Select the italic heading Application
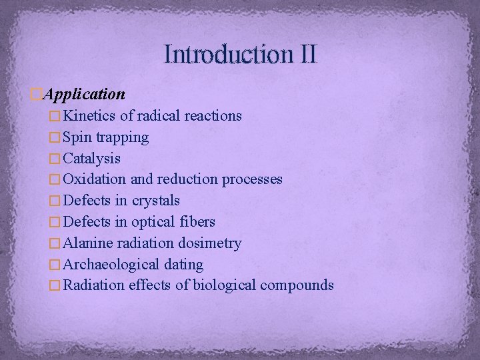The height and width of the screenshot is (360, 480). pyautogui.click(x=84, y=94)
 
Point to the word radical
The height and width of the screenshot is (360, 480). pyautogui.click(x=159, y=116)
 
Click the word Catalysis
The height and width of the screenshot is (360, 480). pyautogui.click(x=92, y=159)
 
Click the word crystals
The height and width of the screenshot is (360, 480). pyautogui.click(x=157, y=201)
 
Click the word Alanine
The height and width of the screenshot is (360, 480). pyautogui.click(x=87, y=243)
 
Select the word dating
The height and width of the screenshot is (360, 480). pyautogui.click(x=181, y=265)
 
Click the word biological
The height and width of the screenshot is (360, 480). pyautogui.click(x=224, y=285)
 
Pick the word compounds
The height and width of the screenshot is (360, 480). pyautogui.click(x=297, y=286)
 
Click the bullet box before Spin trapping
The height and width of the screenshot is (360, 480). pyautogui.click(x=55, y=137)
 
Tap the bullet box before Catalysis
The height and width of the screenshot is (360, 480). pyautogui.click(x=55, y=159)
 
